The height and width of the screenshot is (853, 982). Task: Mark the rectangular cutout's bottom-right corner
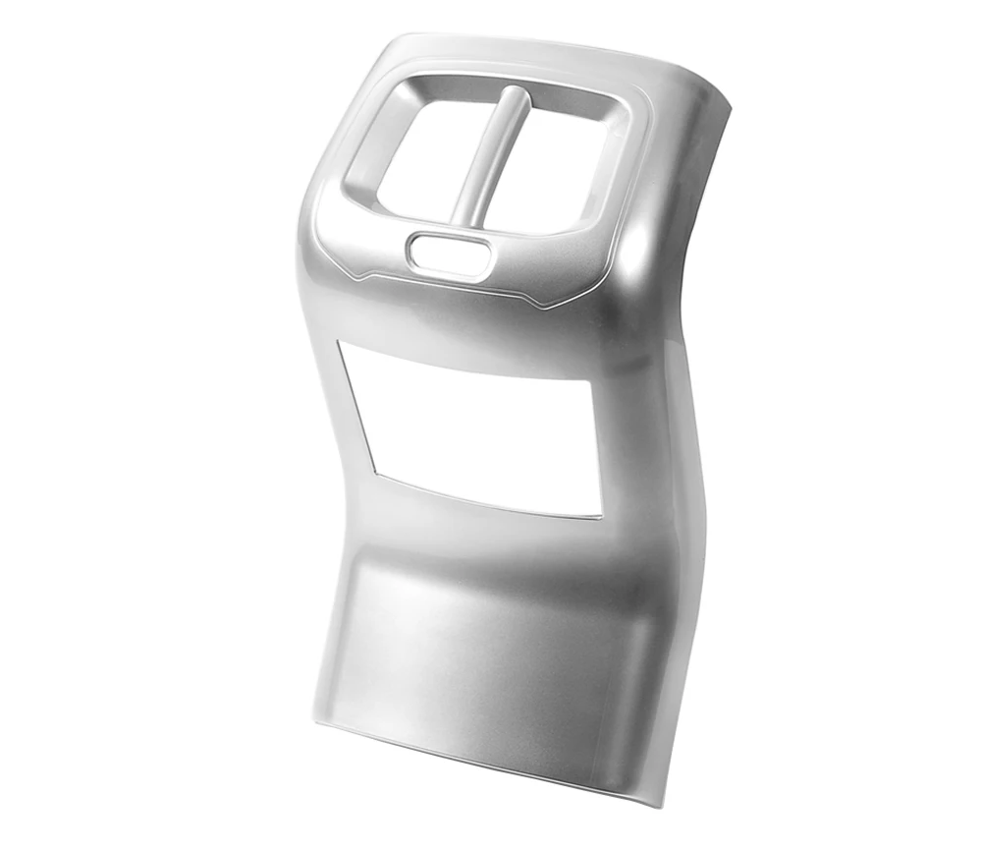click(x=600, y=514)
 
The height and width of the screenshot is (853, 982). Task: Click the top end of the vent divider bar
click(x=513, y=94)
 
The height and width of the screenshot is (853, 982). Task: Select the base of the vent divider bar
click(x=464, y=218)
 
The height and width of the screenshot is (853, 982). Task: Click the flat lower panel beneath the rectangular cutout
click(x=491, y=649)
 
